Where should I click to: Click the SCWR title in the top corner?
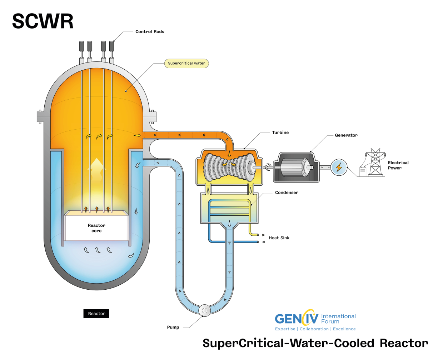43,21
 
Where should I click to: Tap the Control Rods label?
150,32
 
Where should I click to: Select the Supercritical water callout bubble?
186,64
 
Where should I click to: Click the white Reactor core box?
96,228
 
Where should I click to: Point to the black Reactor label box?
96,314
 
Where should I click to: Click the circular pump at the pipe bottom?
204,310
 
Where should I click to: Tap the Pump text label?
173,327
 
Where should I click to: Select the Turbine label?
280,132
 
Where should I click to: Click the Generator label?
346,135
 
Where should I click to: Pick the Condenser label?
287,192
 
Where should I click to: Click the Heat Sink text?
279,238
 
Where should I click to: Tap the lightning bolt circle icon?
339,167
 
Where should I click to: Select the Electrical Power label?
398,165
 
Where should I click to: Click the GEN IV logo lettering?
296,318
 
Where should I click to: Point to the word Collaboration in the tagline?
314,329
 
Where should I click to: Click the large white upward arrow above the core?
96,168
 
